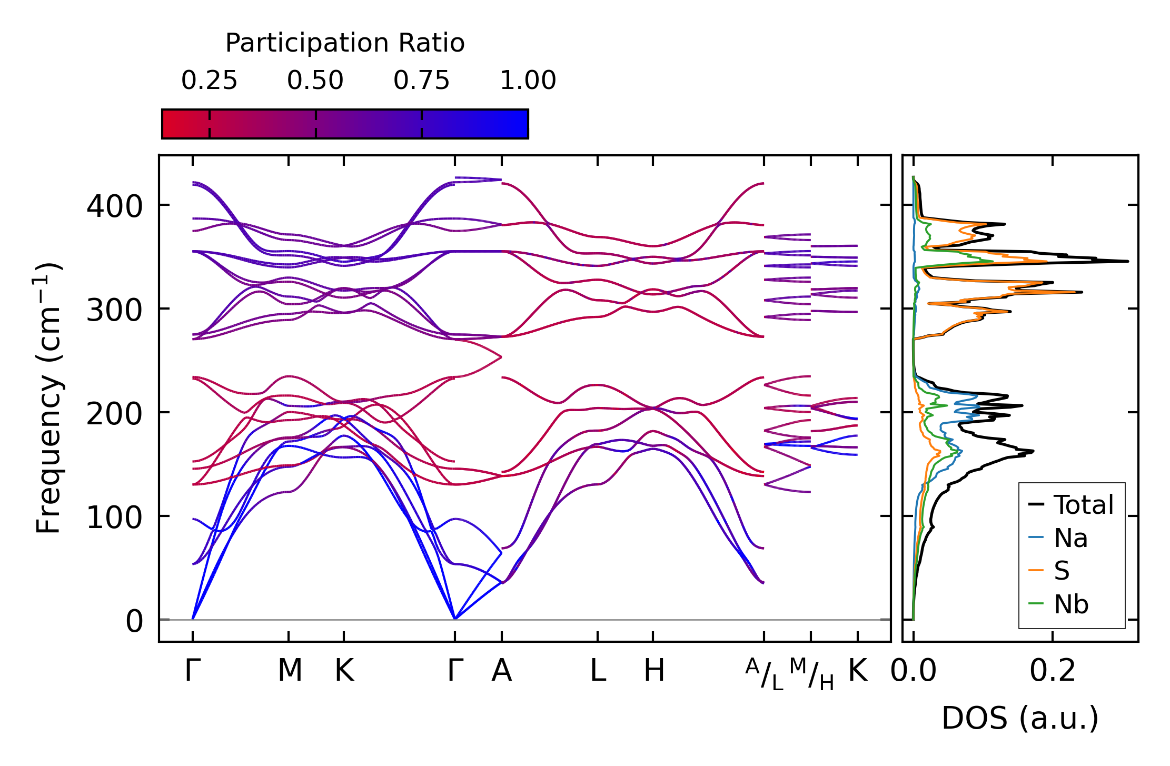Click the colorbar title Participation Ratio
pos(345,43)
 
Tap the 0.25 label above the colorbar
pos(209,81)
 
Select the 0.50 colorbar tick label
pos(315,81)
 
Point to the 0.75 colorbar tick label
pos(421,81)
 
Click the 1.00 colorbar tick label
pos(528,81)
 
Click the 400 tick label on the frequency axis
pos(114,206)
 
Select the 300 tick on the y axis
pos(114,310)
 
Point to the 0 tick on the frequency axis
pos(134,621)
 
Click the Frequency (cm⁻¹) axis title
pos(49,398)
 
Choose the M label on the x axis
pos(290,671)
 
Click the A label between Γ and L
pos(501,671)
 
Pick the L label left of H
pos(598,671)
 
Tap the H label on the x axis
pos(654,671)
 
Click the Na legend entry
pos(1070,538)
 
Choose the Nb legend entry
pos(1071,604)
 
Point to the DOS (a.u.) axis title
pos(1020,718)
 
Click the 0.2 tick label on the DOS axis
pos(1053,671)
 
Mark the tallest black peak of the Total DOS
pos(1127,261)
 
